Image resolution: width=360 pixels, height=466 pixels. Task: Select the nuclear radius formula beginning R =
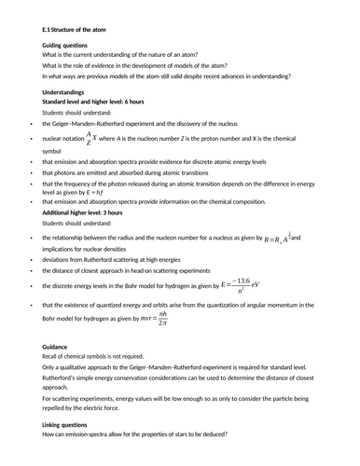[x=280, y=240]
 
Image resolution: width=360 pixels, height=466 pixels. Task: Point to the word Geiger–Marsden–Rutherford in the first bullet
[x=98, y=124]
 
